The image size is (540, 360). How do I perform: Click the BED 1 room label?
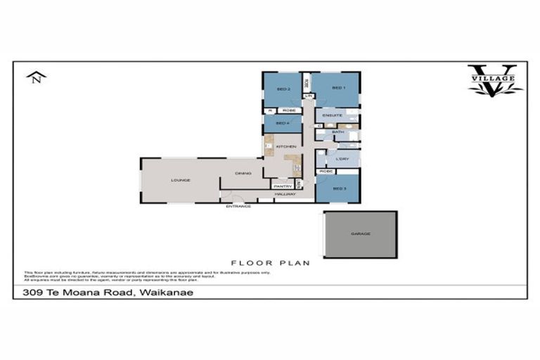point(337,88)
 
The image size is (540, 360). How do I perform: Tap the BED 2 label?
point(283,89)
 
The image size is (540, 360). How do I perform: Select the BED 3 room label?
point(339,188)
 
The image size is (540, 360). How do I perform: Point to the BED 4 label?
point(282,124)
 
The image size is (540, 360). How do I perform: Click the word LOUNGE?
point(181,181)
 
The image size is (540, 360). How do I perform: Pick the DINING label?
point(243,173)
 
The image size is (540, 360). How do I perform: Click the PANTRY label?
point(283,186)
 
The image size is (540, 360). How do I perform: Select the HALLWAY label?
point(285,194)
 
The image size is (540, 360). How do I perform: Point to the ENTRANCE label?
point(238,206)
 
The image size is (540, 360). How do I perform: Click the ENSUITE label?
point(333,115)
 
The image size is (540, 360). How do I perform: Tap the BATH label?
point(338,131)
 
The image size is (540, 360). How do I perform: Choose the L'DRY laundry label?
point(342,159)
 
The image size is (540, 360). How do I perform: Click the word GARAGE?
point(360,234)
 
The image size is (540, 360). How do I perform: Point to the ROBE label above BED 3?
point(326,172)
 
